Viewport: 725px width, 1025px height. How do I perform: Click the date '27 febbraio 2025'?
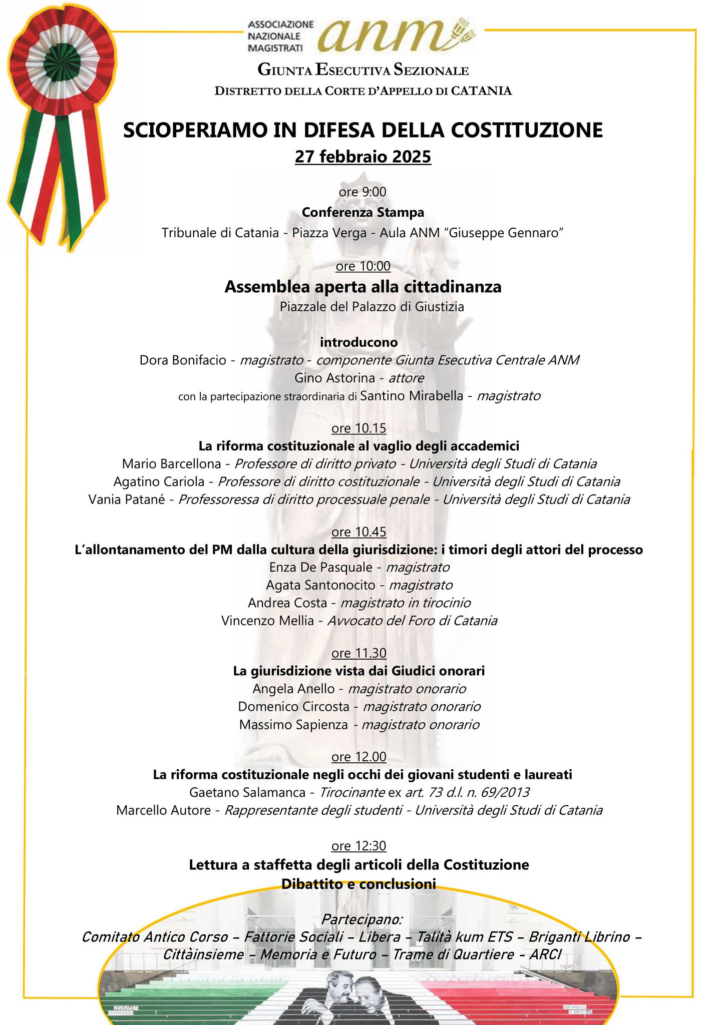coord(363,157)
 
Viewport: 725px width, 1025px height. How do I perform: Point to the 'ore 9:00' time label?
coord(363,192)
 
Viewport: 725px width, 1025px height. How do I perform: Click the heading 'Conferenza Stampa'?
coord(363,212)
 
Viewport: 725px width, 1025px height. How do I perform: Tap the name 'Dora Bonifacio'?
coord(183,360)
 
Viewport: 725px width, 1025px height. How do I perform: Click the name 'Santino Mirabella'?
coord(412,396)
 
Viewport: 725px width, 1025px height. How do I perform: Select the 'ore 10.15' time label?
coord(359,428)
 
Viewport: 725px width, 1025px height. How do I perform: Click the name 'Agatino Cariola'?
coord(159,481)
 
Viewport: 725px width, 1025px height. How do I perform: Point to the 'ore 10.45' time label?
coord(359,531)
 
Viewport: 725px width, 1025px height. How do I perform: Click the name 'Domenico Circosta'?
coord(293,707)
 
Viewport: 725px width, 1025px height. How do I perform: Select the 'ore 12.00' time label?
coord(359,756)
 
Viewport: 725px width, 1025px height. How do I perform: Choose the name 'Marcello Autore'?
coord(163,810)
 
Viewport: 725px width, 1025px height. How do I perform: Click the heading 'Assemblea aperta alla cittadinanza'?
coord(363,287)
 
